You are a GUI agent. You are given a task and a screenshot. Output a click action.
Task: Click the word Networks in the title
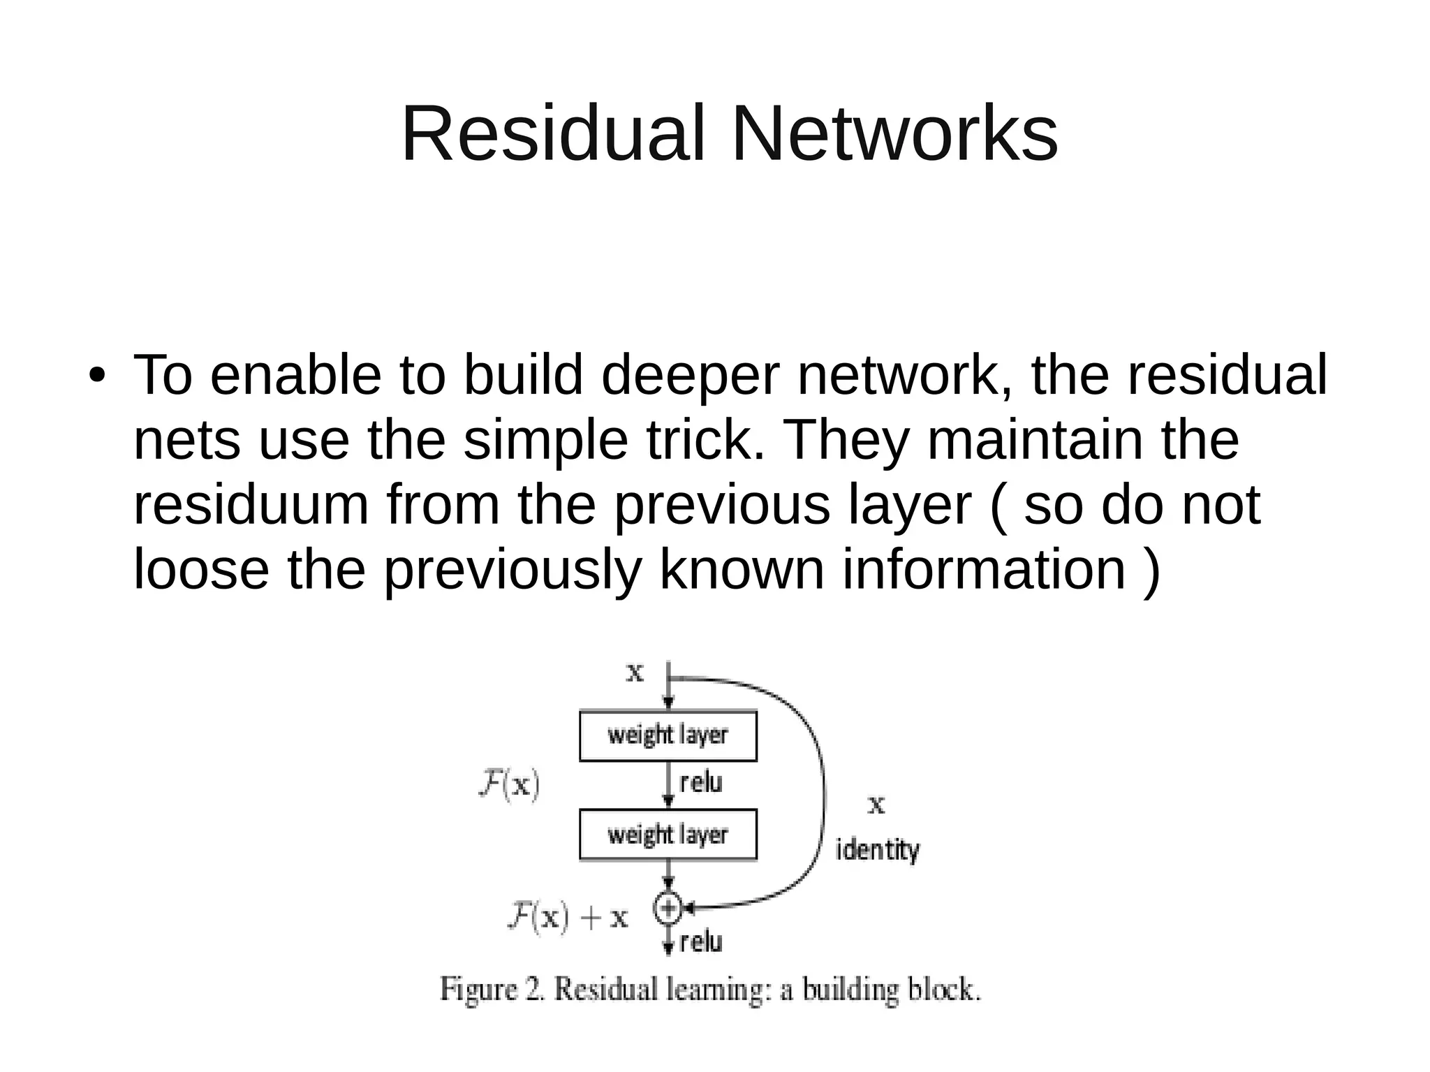click(x=894, y=134)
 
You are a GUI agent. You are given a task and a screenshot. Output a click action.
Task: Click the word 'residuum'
click(x=251, y=505)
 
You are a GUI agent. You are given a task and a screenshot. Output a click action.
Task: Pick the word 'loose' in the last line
click(x=201, y=569)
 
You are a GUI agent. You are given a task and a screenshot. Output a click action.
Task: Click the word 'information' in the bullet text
click(x=984, y=569)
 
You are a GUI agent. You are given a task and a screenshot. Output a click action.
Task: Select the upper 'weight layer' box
click(x=668, y=735)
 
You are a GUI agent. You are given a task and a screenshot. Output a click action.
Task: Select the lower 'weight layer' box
click(x=668, y=835)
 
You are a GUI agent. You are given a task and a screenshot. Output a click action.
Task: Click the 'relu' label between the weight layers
click(x=700, y=783)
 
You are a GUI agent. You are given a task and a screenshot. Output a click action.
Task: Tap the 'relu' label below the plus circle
click(x=700, y=942)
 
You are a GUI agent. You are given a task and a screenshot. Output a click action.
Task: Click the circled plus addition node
click(x=668, y=908)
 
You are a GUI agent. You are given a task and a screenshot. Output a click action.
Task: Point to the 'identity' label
click(x=878, y=851)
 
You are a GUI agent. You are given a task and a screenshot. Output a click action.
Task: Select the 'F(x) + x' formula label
click(x=567, y=916)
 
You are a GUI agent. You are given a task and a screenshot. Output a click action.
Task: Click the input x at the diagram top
click(x=635, y=673)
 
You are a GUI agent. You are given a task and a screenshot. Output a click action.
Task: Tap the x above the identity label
click(x=876, y=805)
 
